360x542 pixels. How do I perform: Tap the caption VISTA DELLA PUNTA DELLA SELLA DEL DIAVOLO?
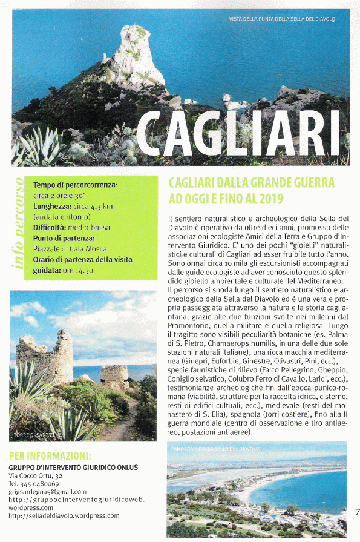click(x=282, y=19)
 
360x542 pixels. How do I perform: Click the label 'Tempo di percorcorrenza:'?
click(x=75, y=184)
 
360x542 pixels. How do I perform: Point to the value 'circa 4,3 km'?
click(x=90, y=206)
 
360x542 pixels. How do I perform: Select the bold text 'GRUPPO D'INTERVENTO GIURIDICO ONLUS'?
click(x=73, y=468)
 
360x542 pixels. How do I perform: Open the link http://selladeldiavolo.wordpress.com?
click(x=64, y=516)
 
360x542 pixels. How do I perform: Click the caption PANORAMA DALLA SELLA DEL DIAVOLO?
click(x=215, y=449)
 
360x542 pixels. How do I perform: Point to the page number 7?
click(x=357, y=512)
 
